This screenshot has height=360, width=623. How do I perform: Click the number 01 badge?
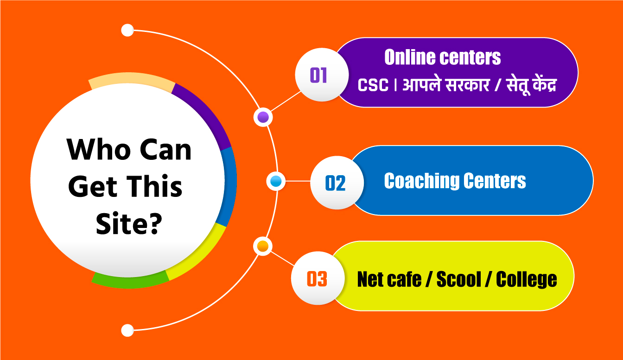[x=322, y=75]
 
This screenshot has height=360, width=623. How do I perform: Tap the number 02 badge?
[x=337, y=183]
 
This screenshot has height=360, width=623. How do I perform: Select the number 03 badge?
[x=318, y=278]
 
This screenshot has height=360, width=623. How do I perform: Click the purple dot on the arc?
[x=263, y=117]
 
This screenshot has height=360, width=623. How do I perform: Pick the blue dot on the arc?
[x=276, y=181]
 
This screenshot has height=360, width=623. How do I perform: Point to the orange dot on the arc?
[x=263, y=246]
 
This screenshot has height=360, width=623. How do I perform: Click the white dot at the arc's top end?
[x=127, y=30]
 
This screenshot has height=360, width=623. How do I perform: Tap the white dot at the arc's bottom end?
[x=127, y=330]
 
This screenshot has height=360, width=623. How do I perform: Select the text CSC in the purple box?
[x=373, y=85]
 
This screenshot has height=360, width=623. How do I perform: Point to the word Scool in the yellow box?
[x=458, y=279]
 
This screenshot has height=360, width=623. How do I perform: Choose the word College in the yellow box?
[x=527, y=280]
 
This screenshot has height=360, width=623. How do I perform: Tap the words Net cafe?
[x=389, y=279]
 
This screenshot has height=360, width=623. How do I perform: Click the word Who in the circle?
[x=98, y=149]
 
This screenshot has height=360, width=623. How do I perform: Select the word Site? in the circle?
[x=129, y=223]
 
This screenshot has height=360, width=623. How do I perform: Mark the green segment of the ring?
[x=129, y=282]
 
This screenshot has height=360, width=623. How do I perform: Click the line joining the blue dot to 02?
[x=298, y=181]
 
